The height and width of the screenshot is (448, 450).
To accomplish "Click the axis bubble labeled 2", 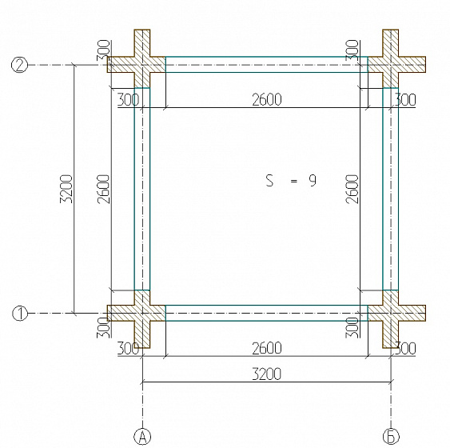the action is point(19,65).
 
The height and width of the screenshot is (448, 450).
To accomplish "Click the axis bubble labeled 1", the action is point(20,313).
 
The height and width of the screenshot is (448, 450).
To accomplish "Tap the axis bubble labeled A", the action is point(142,437).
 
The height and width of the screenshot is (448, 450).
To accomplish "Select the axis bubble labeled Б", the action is point(391,437).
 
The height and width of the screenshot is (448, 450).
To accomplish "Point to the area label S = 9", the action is point(291,181).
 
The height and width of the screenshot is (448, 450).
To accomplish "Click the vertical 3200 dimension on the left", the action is point(66,189).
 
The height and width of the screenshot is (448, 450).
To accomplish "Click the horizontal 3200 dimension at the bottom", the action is point(267,374).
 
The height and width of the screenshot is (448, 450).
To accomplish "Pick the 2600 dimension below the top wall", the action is point(267,100).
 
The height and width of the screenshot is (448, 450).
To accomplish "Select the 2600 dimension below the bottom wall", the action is point(267,348).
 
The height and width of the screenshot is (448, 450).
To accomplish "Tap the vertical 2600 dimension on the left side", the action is point(103,189).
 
